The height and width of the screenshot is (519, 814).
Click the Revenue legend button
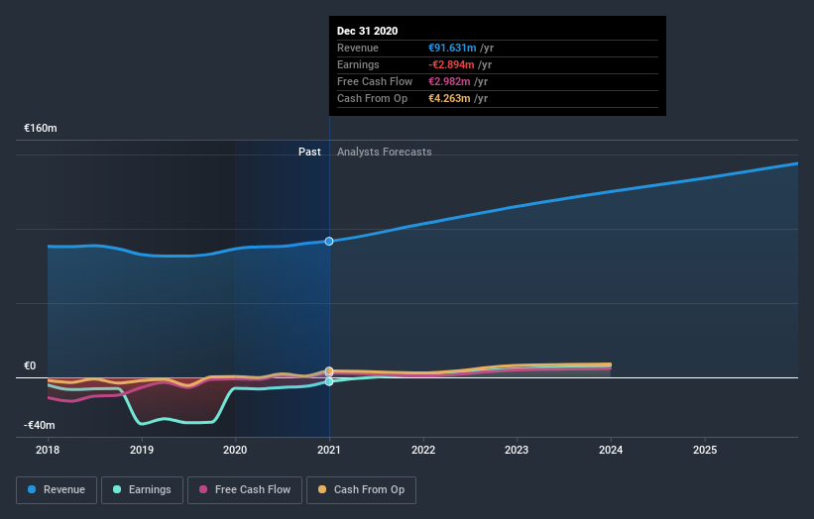(x=58, y=489)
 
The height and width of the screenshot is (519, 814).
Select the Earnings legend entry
(x=142, y=489)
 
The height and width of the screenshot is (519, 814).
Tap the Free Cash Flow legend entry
(x=245, y=489)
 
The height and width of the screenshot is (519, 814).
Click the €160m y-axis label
(x=41, y=129)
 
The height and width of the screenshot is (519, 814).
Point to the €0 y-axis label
(x=30, y=365)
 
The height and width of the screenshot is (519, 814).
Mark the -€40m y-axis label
(x=41, y=425)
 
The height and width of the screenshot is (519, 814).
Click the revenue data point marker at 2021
(x=329, y=241)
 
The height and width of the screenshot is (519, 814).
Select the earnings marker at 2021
(x=329, y=381)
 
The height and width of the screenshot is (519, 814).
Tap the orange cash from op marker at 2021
(x=329, y=371)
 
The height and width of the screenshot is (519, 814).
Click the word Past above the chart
(x=309, y=152)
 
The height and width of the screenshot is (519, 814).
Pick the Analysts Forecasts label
(x=385, y=152)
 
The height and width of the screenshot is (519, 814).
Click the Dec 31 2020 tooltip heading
(x=367, y=31)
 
